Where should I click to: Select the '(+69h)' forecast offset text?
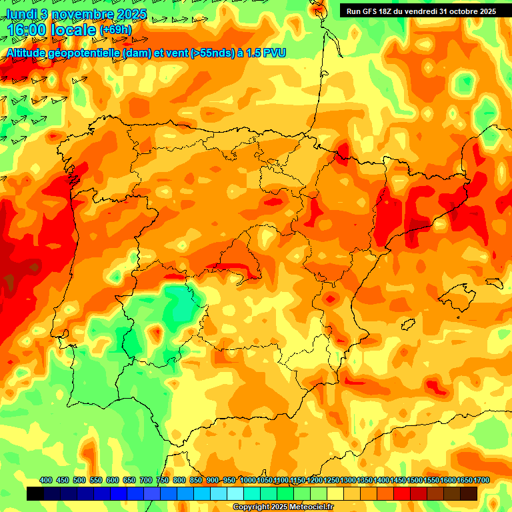click(x=116, y=31)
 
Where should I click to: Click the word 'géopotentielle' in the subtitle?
click(x=83, y=53)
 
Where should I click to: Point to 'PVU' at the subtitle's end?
click(x=274, y=53)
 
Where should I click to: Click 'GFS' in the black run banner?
click(x=371, y=11)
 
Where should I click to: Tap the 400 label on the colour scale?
click(x=46, y=481)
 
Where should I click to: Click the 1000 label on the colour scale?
click(x=248, y=481)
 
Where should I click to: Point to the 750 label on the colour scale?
click(x=163, y=481)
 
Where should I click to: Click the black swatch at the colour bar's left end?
click(x=35, y=493)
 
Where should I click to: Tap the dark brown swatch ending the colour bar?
click(x=469, y=493)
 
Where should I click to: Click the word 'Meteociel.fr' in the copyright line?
click(x=310, y=507)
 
